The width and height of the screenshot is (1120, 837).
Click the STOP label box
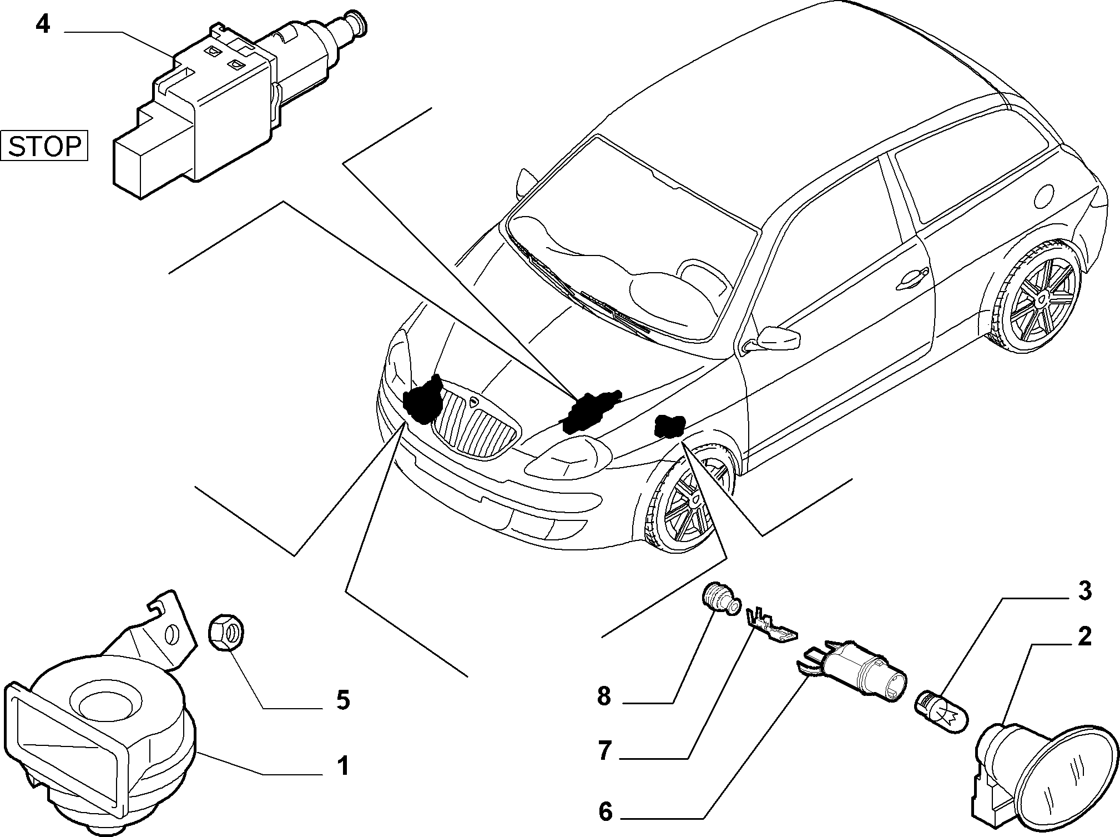[x=44, y=146]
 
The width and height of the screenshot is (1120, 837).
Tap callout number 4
[x=43, y=25]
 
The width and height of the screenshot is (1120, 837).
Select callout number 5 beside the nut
[x=343, y=700]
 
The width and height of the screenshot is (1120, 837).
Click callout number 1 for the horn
[x=344, y=766]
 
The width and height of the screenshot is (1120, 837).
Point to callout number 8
[x=604, y=696]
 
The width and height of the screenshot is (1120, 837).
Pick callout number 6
[x=605, y=812]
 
